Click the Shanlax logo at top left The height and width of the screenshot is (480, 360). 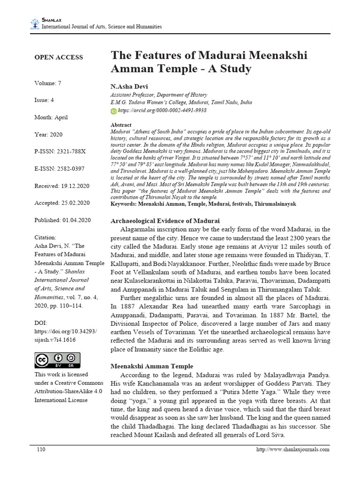tap(35, 23)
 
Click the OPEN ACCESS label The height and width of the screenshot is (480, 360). tap(58, 57)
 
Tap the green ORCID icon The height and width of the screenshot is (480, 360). tap(113, 111)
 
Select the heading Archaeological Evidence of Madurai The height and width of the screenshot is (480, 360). tap(165, 221)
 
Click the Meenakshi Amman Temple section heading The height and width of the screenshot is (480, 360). tap(151, 366)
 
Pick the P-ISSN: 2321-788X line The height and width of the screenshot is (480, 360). tap(60, 152)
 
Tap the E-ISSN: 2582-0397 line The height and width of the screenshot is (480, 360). tap(60, 169)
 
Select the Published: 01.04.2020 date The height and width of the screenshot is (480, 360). tap(63, 220)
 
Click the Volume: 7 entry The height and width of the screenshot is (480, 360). tap(48, 83)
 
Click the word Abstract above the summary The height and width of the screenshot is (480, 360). tap(120, 125)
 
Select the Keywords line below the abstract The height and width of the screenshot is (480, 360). tap(203, 204)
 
